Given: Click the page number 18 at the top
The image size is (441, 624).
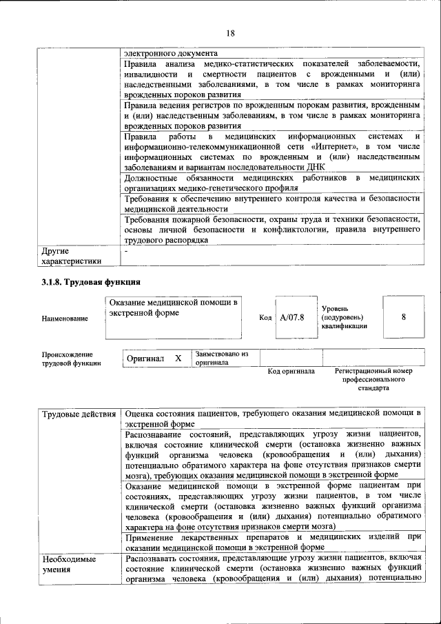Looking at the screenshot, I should [x=230, y=33].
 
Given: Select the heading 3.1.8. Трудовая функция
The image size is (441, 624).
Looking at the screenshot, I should [x=91, y=282].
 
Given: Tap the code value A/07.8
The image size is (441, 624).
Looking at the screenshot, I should [x=292, y=317].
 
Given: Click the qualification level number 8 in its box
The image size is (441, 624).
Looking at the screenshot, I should [x=403, y=317].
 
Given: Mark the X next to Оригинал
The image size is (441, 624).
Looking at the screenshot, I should [x=178, y=359].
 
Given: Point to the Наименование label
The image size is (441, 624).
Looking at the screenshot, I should [x=65, y=318].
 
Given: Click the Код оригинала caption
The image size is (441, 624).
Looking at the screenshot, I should [x=291, y=372].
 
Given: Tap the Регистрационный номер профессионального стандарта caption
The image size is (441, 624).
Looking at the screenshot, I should [x=373, y=379].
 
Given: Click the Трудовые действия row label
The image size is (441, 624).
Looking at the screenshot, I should [x=79, y=414].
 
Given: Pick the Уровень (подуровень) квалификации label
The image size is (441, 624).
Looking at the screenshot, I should [x=344, y=317].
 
